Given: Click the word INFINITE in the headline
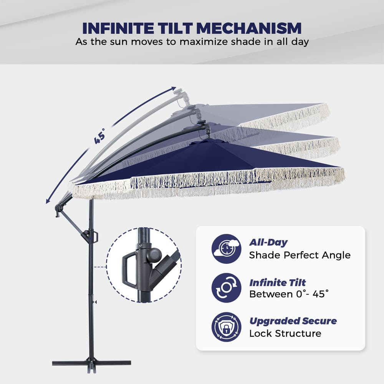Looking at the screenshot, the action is tap(118, 28).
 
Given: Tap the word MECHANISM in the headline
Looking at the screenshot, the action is tap(249, 28).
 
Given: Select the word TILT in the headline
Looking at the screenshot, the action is tap(175, 28).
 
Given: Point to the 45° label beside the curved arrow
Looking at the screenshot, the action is tap(100, 136).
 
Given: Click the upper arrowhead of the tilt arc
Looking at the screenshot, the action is tap(174, 88).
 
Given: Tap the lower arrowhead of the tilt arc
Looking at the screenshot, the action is tap(48, 201).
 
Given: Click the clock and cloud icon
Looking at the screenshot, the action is tap(226, 248).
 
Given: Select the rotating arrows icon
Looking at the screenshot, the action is tap(226, 288).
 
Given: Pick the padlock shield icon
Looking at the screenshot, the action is tap(226, 327).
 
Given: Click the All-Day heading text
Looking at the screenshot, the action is tap(268, 242).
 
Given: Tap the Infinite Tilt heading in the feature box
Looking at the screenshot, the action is tap(278, 283).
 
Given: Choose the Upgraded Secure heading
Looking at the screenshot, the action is tap(293, 321).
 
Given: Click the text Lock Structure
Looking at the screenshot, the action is tap(285, 333).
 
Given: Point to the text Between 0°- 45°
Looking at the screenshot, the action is tap(289, 294).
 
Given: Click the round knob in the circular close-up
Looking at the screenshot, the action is tap(154, 255).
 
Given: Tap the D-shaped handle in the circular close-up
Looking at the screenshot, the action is tap(129, 270).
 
